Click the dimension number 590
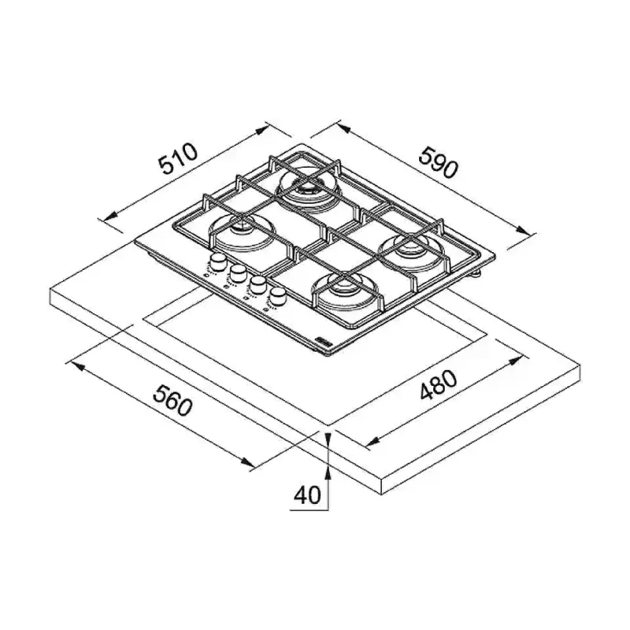coord(438,162)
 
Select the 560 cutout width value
coord(172,400)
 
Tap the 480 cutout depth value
coord(439,384)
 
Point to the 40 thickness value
coord(307,495)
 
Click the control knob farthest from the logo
coord(218,262)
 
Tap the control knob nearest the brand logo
coord(277,298)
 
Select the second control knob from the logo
coord(258,285)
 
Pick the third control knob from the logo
coord(238,273)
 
